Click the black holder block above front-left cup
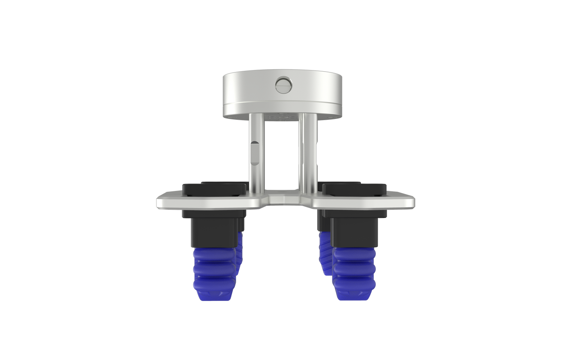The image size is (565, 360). [x=213, y=231]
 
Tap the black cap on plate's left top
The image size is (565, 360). [x=214, y=189]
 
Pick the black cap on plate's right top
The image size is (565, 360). [x=355, y=189]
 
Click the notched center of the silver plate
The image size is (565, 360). [x=283, y=200]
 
